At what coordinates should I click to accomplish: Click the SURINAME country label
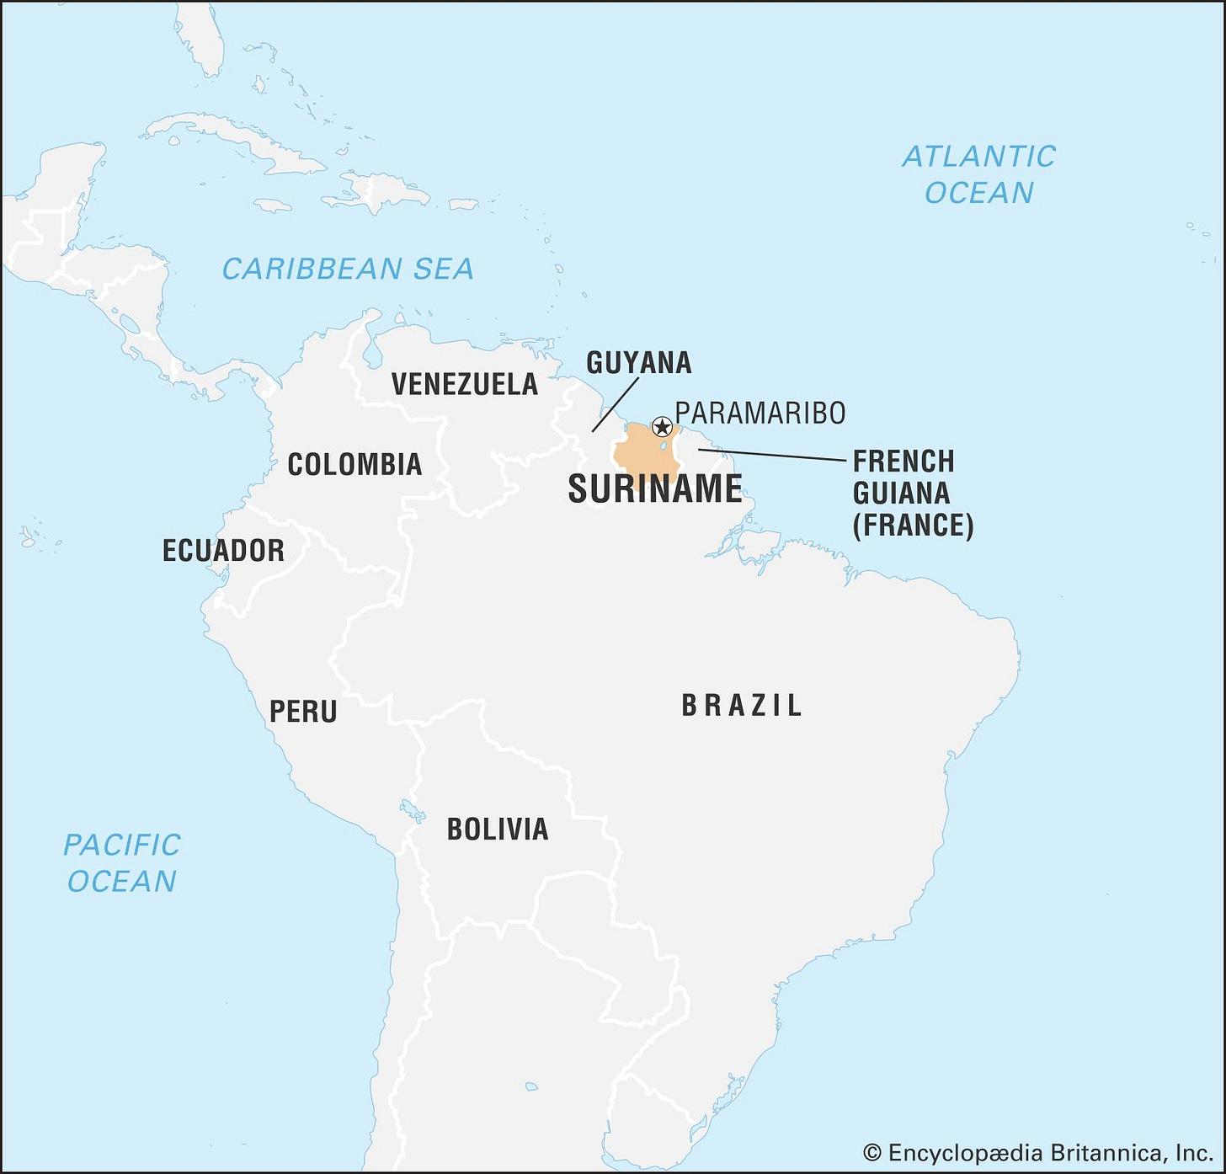[x=655, y=489]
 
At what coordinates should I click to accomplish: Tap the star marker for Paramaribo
[x=662, y=426]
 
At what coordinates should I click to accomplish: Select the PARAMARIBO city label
[x=760, y=414]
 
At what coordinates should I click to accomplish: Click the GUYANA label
[x=638, y=363]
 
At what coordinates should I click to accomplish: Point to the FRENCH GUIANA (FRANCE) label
[x=912, y=494]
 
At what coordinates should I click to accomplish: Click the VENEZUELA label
[x=465, y=384]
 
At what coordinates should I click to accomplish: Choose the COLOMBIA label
[x=354, y=464]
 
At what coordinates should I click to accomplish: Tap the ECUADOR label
[x=223, y=551]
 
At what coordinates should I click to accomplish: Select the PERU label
[x=303, y=712]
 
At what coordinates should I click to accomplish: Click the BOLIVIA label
[x=498, y=830]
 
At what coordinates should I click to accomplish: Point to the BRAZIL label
[x=742, y=706]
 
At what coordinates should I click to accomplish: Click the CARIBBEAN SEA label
[x=348, y=269]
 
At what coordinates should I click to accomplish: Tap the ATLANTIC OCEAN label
[x=978, y=174]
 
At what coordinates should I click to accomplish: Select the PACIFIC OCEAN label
[x=122, y=863]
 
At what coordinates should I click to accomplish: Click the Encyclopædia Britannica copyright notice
[x=1037, y=1153]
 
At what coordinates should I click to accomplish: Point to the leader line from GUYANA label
[x=616, y=404]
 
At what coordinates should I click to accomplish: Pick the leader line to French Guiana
[x=770, y=455]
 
